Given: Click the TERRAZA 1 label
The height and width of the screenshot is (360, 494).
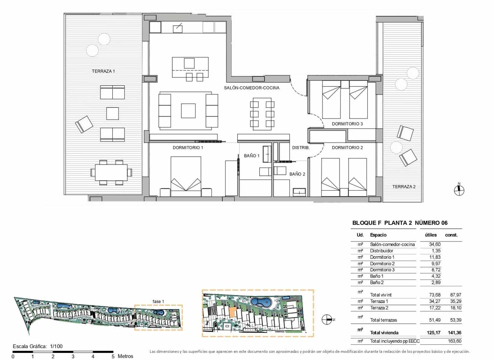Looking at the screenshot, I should point(103,71).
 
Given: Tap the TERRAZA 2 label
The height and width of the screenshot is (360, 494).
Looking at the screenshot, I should point(404,186).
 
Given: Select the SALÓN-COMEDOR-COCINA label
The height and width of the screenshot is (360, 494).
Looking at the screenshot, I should point(251,88).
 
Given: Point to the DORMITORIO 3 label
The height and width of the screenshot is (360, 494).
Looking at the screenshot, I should point(347,124).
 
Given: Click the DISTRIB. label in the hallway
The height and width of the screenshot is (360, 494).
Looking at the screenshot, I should point(301,148).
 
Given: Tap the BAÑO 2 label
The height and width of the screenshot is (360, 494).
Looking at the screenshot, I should point(297,174).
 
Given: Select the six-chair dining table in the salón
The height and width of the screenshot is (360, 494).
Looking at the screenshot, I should point(262,113).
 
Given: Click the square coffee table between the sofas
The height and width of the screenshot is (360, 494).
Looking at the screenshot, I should point(188,111).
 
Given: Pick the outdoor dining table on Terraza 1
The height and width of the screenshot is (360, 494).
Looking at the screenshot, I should point(111,172).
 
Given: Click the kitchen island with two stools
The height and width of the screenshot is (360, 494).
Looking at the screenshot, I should point(190,67).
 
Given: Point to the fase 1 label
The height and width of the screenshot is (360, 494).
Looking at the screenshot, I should point(158,301).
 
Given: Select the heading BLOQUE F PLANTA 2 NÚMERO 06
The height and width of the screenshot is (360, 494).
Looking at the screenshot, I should point(400,223).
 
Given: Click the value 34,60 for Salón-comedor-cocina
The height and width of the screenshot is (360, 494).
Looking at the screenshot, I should point(434,244).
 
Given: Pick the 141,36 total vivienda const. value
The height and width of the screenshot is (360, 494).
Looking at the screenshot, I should point(454,333).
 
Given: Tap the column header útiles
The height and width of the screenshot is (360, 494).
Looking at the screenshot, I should point(430,235).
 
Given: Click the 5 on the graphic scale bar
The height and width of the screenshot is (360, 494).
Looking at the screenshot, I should point(113,356).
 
